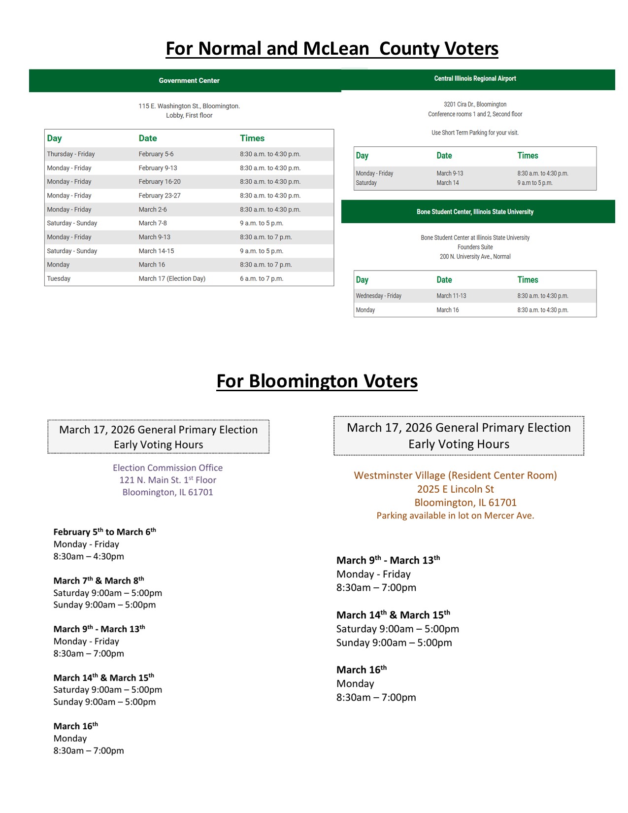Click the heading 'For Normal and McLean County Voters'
(331, 49)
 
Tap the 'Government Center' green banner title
(189, 81)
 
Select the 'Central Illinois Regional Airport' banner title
(475, 79)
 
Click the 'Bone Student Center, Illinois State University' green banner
(475, 212)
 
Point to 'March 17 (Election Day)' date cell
(172, 279)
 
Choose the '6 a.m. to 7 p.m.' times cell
(262, 279)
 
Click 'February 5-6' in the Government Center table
(156, 154)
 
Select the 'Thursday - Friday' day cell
(71, 154)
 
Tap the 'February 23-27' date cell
(160, 196)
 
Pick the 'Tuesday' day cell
(59, 279)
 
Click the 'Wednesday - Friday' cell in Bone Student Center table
(378, 296)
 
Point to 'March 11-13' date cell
(451, 296)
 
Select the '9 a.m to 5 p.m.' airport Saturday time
(534, 183)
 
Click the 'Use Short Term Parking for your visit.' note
(475, 133)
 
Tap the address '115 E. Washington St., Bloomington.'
(189, 106)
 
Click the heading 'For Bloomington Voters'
(317, 381)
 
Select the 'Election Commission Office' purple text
(167, 468)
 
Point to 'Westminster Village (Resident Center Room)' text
(455, 475)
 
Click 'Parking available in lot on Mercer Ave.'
(455, 516)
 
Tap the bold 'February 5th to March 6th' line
(104, 532)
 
